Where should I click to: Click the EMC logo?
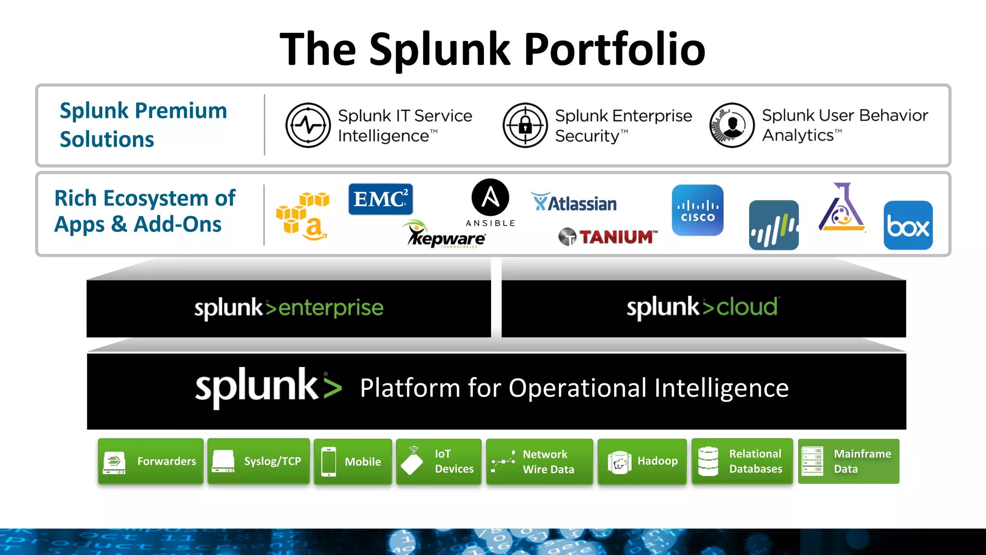[x=380, y=199]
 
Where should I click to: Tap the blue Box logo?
[x=908, y=225]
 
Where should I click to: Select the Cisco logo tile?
[x=698, y=211]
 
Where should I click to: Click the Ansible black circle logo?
[x=490, y=197]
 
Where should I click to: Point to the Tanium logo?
[x=608, y=237]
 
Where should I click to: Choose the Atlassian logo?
[x=574, y=203]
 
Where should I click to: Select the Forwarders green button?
[x=150, y=461]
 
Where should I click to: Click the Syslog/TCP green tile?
[x=259, y=461]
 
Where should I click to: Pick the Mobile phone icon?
[x=329, y=462]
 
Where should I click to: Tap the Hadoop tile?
[x=642, y=461]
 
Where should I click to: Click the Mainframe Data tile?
[x=848, y=461]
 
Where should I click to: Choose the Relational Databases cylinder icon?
[x=708, y=461]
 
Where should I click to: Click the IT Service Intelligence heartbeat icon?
[x=308, y=125]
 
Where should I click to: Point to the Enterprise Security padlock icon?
[x=525, y=125]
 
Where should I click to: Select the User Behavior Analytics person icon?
[x=732, y=125]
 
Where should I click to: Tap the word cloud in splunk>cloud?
[x=747, y=307]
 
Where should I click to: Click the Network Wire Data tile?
[x=539, y=461]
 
